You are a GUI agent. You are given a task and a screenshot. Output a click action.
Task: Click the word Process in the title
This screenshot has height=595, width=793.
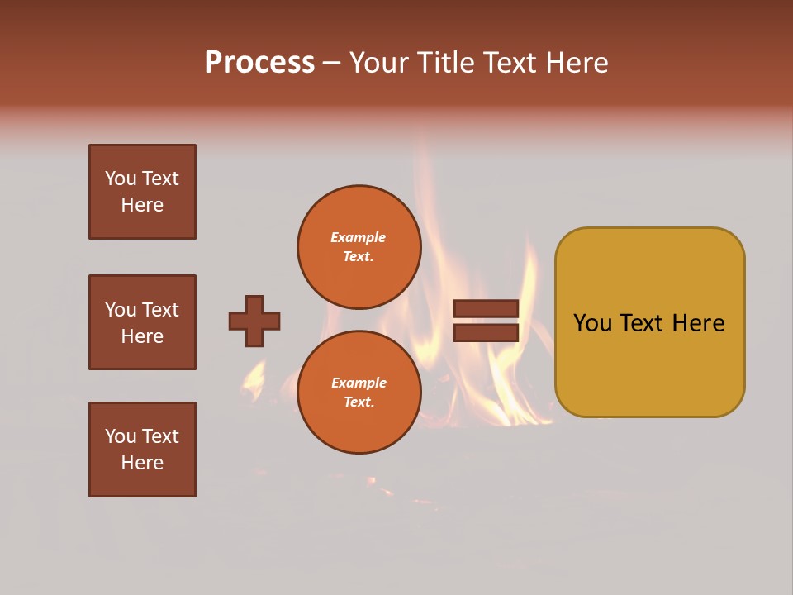[x=259, y=63]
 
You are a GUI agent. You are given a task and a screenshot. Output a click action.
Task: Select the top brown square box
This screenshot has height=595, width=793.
[x=142, y=192]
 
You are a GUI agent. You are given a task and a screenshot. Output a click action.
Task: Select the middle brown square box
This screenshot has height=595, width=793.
[x=142, y=322]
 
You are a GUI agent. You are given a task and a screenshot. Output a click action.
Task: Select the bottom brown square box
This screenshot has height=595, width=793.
[x=142, y=450]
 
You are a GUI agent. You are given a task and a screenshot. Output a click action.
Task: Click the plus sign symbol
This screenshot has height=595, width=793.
[x=254, y=321]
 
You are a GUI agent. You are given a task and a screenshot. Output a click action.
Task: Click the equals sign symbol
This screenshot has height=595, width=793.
[x=486, y=321]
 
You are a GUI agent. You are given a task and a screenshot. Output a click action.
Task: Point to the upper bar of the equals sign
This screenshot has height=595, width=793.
[x=486, y=308]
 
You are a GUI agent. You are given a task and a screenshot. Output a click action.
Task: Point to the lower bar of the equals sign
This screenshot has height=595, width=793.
[x=486, y=332]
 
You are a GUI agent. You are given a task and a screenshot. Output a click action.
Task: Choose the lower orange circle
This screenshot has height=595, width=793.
[x=359, y=393]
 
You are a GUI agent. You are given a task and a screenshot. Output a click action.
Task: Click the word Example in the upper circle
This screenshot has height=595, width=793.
[x=359, y=237]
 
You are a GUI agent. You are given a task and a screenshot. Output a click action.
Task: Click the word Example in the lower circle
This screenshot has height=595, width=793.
[x=359, y=383]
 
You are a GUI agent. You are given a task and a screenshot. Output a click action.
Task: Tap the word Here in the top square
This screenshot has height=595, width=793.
[x=142, y=205]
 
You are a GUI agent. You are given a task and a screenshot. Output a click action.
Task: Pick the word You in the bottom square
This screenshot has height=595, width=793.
[x=121, y=436]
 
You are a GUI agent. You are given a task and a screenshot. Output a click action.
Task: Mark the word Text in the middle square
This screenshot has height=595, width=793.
[x=159, y=310]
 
